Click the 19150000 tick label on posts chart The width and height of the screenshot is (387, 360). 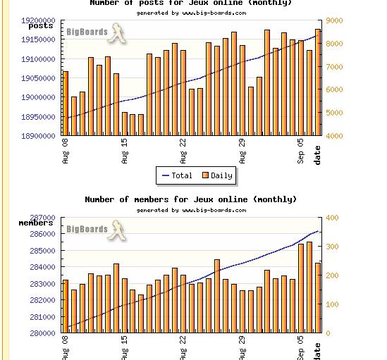pyautogui.click(x=38, y=39)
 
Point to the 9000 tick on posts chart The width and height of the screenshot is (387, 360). pyautogui.click(x=334, y=20)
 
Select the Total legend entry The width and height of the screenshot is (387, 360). pyautogui.click(x=177, y=175)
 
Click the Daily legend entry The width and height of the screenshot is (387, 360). pyautogui.click(x=217, y=175)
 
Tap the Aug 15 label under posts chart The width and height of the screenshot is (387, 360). pyautogui.click(x=125, y=151)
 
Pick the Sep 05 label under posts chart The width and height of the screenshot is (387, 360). pyautogui.click(x=300, y=151)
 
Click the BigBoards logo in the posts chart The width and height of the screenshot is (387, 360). pyautogui.click(x=97, y=33)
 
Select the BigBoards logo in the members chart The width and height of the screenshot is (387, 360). pyautogui.click(x=97, y=230)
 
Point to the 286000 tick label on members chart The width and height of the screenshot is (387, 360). pyautogui.click(x=42, y=234)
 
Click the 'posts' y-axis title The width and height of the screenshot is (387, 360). pyautogui.click(x=41, y=26)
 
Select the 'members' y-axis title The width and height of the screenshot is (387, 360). pyautogui.click(x=36, y=223)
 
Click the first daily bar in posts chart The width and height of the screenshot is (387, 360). pyautogui.click(x=66, y=104)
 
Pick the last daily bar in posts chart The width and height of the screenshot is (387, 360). pyautogui.click(x=318, y=82)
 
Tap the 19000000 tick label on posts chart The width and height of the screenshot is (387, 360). pyautogui.click(x=38, y=97)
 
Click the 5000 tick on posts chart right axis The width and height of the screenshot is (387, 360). pyautogui.click(x=334, y=113)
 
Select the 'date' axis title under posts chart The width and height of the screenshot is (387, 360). pyautogui.click(x=317, y=155)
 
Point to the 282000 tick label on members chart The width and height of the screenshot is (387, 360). pyautogui.click(x=42, y=300)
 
